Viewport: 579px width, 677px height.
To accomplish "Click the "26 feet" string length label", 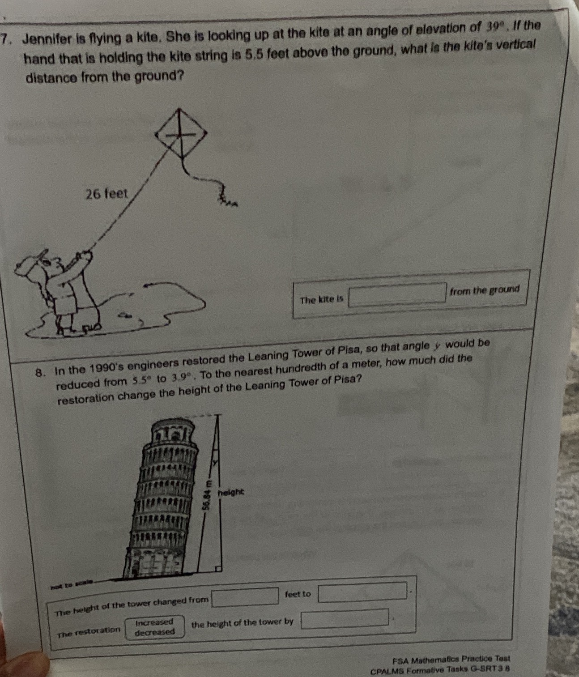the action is click(x=106, y=194).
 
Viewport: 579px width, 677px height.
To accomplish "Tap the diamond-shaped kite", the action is click(x=181, y=134).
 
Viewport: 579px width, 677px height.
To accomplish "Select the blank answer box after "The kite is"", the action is click(x=397, y=294).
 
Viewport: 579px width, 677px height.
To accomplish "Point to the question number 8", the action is click(x=40, y=373).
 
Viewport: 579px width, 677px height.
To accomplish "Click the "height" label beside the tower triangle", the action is click(x=231, y=492).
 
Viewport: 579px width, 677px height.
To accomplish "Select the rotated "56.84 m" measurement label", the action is click(x=206, y=495).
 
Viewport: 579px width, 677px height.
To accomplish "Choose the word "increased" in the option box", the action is click(x=154, y=622).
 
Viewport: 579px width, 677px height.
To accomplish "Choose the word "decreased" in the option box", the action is click(x=155, y=632).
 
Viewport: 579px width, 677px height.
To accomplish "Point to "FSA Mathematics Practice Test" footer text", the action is click(x=451, y=659).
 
